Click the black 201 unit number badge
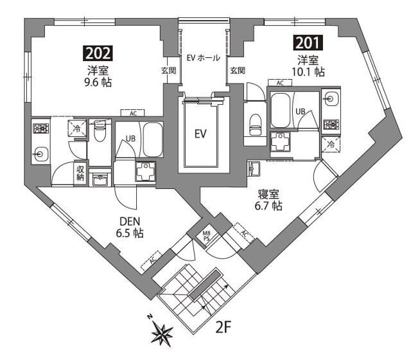click(x=308, y=44)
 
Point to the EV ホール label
click(x=203, y=58)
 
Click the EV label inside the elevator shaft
click(x=201, y=134)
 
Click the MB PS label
click(x=207, y=235)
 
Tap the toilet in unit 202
click(x=100, y=133)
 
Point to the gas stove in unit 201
click(x=331, y=125)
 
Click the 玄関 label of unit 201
click(x=237, y=70)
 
